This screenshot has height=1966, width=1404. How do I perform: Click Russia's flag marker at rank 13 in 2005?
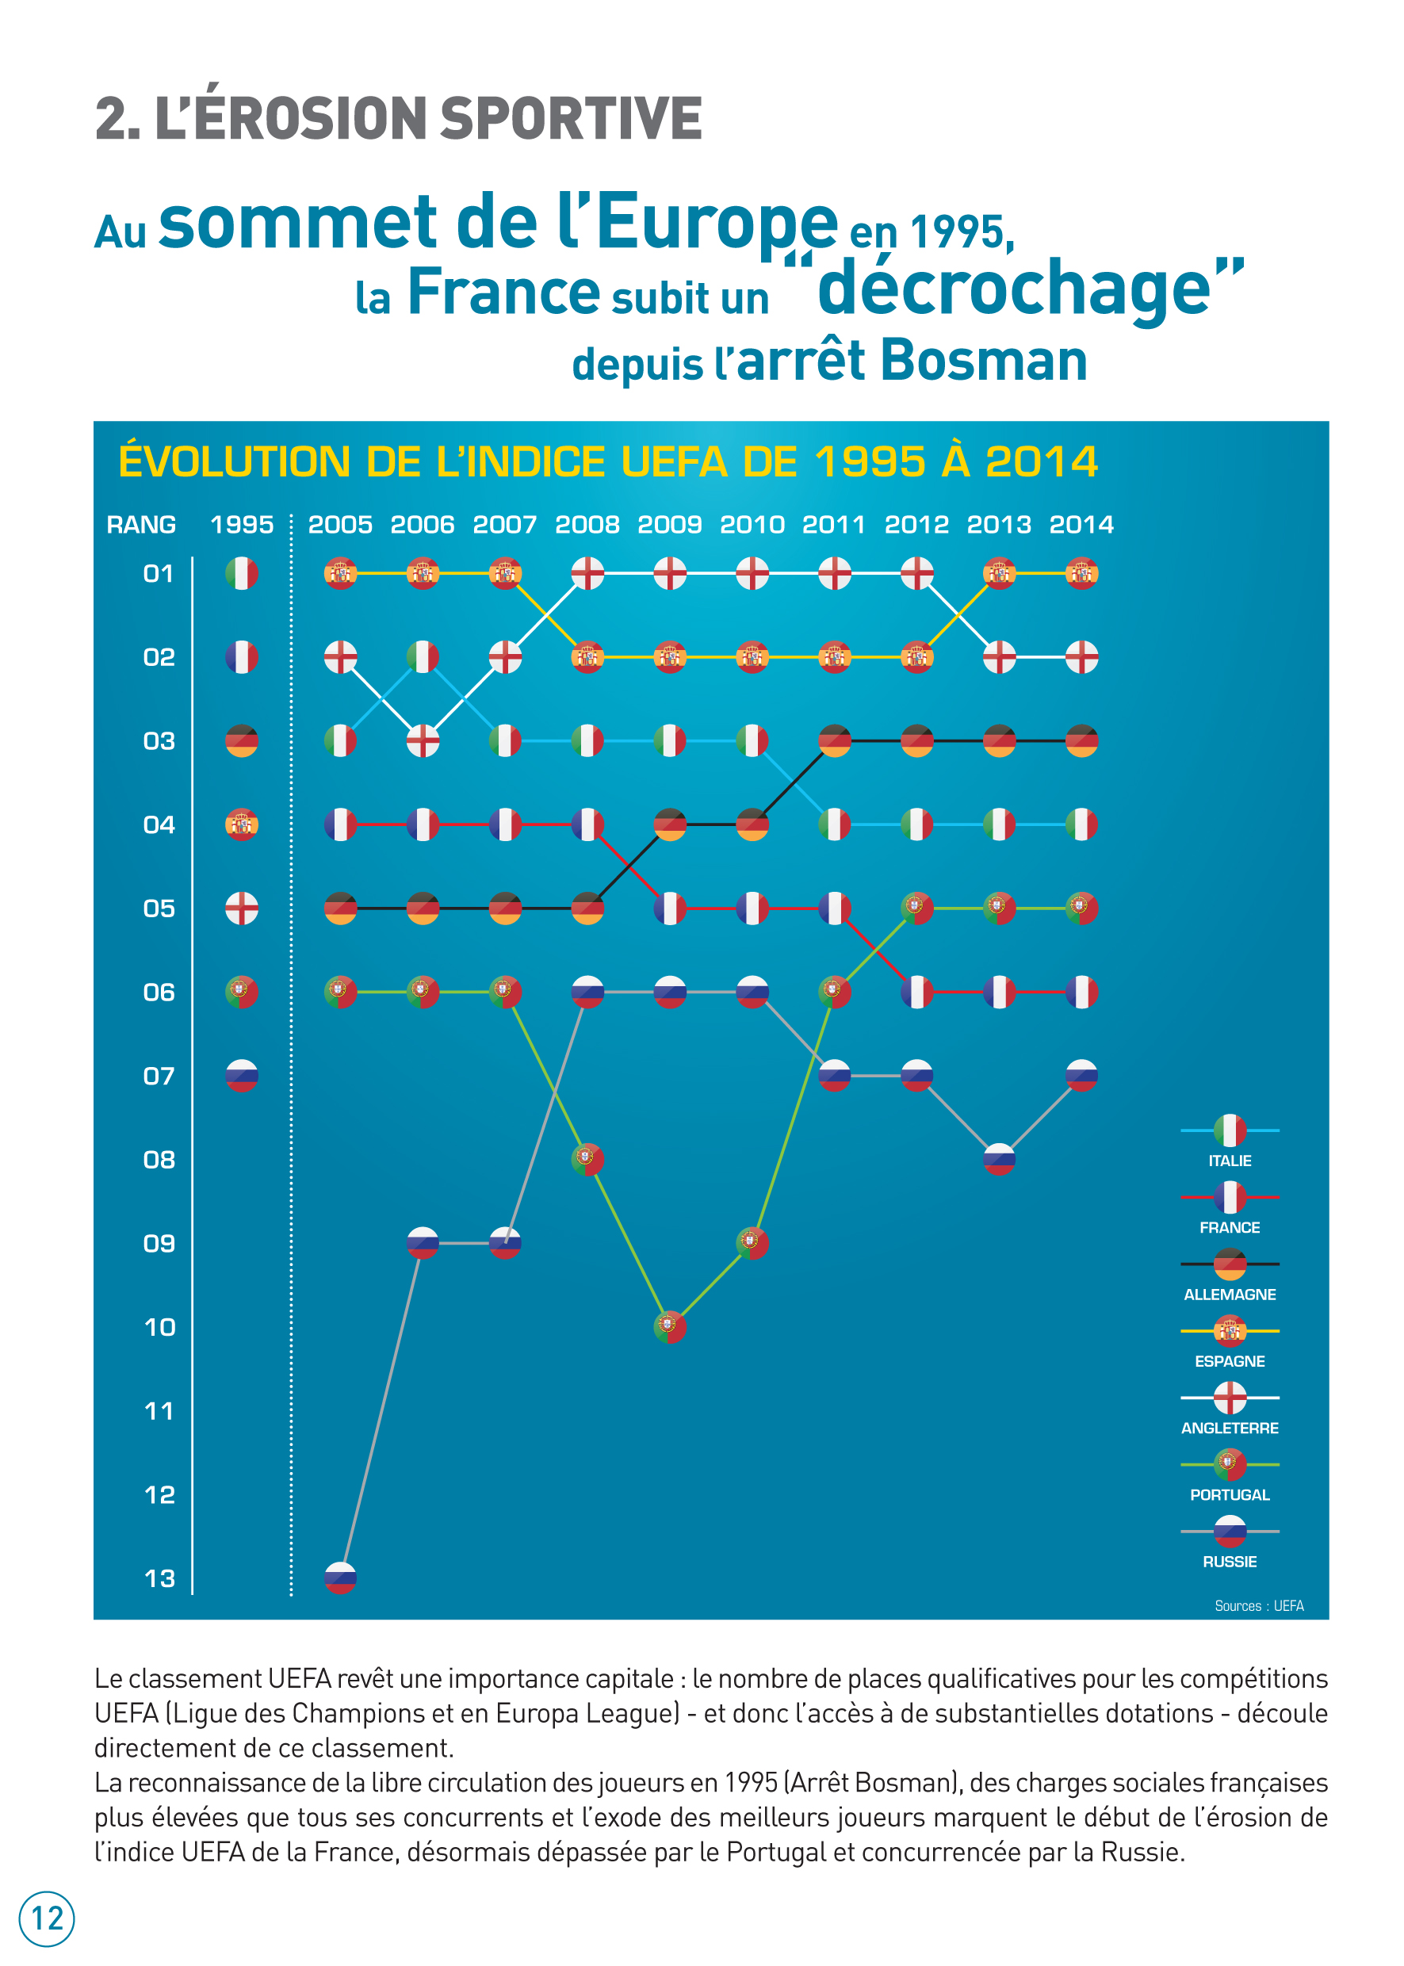click(x=340, y=1578)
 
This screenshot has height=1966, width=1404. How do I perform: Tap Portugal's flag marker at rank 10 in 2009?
click(x=669, y=1326)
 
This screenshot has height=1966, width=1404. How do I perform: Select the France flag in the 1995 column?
click(x=241, y=657)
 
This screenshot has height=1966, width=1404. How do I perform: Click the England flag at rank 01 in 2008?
click(x=587, y=573)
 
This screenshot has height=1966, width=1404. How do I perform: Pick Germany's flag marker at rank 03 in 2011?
click(x=834, y=741)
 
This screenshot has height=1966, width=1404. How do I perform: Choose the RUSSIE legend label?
click(x=1230, y=1562)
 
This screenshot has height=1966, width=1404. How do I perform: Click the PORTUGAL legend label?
click(x=1230, y=1495)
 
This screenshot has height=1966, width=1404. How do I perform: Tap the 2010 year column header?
click(x=752, y=525)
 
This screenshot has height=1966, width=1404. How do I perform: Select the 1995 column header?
click(x=241, y=525)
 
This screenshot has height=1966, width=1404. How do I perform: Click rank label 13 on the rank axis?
click(x=159, y=1578)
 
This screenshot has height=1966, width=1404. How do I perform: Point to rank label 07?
click(x=159, y=1077)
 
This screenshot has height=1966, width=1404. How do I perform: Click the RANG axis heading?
click(x=141, y=525)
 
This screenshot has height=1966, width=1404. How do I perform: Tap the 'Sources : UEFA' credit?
click(x=1259, y=1605)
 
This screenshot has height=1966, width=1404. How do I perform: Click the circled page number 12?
click(x=47, y=1918)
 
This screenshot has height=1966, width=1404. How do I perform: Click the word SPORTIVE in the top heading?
click(x=571, y=118)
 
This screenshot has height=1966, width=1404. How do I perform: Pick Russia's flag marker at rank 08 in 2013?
click(x=999, y=1159)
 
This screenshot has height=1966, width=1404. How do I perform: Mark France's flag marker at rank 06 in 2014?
click(x=1081, y=992)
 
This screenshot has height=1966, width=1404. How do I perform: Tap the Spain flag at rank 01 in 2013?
click(x=999, y=573)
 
